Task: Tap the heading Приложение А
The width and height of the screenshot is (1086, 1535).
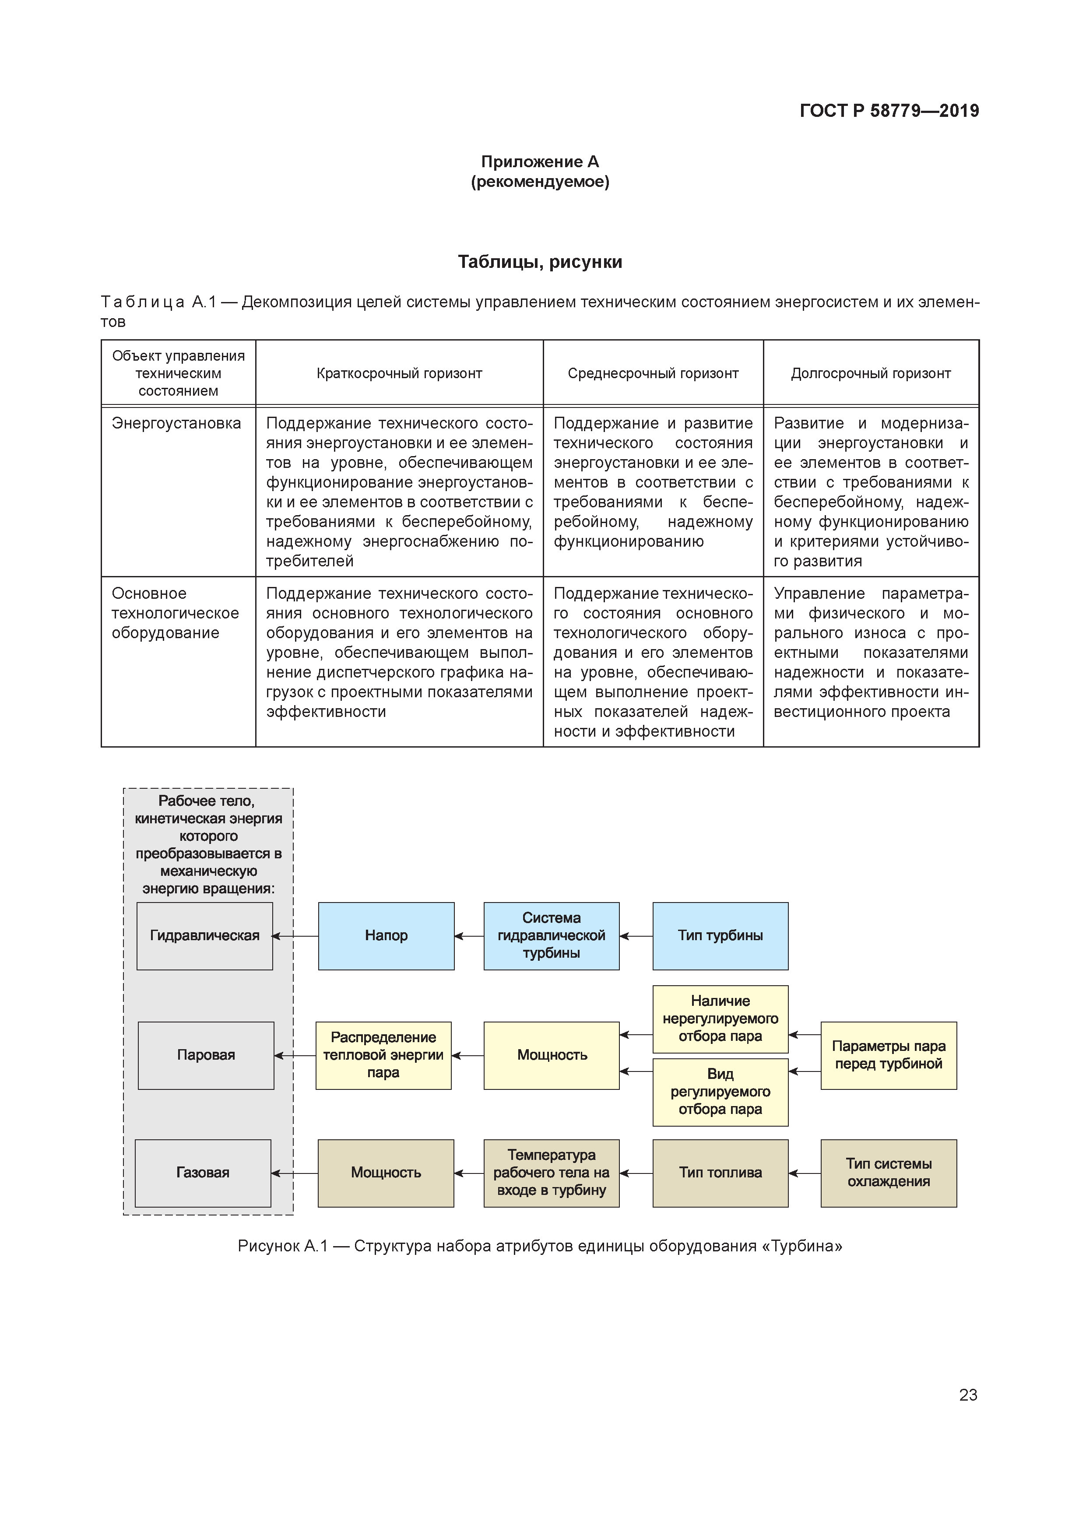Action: point(540,162)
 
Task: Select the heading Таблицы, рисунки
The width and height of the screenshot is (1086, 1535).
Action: point(540,262)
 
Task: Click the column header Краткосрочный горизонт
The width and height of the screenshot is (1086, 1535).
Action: point(399,374)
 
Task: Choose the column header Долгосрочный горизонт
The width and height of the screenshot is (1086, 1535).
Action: point(871,374)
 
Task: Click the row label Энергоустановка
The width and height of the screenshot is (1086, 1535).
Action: point(176,424)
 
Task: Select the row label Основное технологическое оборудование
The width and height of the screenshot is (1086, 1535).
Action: point(175,613)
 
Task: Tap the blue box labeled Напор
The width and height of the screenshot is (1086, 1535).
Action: point(386,936)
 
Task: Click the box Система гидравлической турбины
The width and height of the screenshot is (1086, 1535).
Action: point(551,936)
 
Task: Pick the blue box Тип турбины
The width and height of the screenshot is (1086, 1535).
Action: point(720,936)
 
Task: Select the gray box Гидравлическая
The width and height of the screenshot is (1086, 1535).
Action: point(204,936)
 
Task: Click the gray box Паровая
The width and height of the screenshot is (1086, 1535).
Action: point(206,1055)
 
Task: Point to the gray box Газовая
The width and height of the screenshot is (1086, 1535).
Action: point(203,1173)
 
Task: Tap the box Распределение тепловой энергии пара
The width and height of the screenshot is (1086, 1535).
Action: point(383,1055)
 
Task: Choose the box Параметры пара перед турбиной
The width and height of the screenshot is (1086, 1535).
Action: point(888,1055)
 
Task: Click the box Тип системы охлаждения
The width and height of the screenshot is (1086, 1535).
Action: point(888,1173)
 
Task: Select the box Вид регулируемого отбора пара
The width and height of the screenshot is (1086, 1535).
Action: point(720,1092)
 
